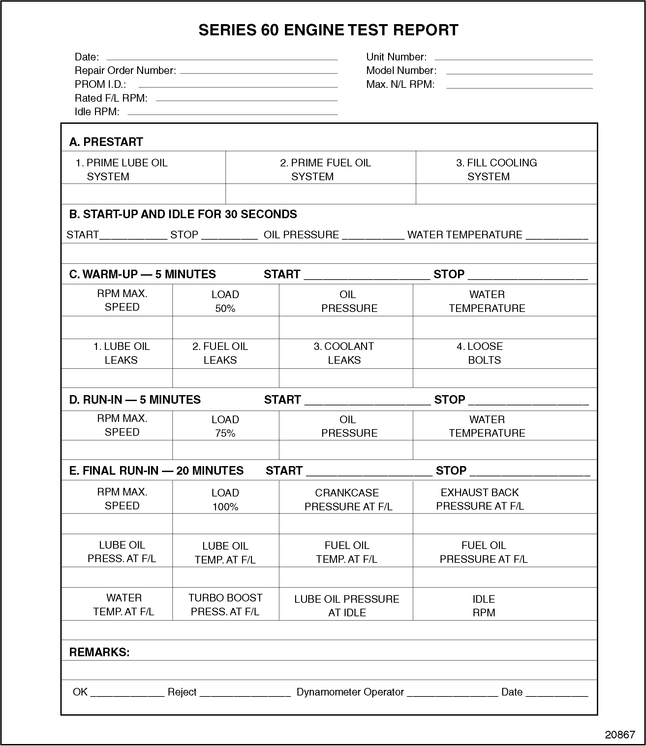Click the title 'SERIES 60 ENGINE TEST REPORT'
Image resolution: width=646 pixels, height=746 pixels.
coord(328,30)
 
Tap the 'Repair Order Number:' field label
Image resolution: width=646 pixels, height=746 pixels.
coord(125,70)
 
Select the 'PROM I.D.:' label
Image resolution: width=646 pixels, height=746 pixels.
coord(100,84)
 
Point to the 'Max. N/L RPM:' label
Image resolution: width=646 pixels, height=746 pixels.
coord(400,84)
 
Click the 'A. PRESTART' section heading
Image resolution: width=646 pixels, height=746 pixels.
coord(106,142)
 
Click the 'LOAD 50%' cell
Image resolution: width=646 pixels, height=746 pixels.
coord(225,301)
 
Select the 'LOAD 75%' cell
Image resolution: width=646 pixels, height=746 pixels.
coord(225,426)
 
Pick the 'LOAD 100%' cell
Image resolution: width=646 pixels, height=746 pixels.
coord(225,499)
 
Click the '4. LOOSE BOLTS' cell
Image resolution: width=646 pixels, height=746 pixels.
coord(484,353)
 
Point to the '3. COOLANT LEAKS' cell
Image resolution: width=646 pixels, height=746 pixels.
coord(344,353)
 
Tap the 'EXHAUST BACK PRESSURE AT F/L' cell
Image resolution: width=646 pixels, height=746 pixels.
coord(479,499)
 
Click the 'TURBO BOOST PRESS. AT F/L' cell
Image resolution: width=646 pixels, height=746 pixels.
coord(225,604)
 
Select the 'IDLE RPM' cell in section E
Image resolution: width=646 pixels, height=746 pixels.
coord(483,606)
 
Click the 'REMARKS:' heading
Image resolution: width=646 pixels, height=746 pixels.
coord(99,652)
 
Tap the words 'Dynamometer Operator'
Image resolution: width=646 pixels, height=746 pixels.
coord(350,692)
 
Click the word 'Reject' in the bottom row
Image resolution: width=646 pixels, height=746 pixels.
coord(182,692)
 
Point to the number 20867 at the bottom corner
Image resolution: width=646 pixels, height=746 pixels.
coord(620,735)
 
